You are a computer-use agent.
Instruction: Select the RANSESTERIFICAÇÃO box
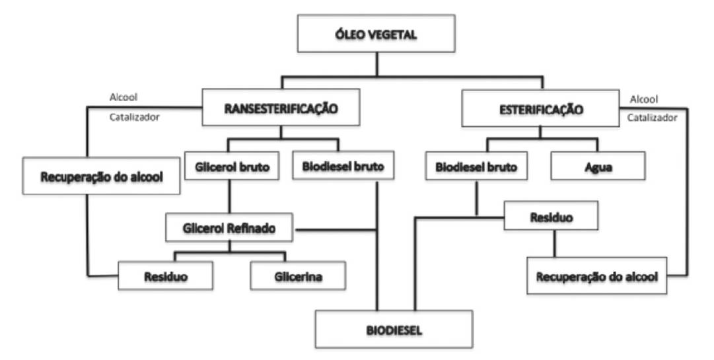pyautogui.click(x=281, y=108)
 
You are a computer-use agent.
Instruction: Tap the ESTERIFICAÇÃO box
pyautogui.click(x=540, y=109)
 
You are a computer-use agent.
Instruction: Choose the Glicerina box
pyautogui.click(x=299, y=276)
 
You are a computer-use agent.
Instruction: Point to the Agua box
pyautogui.click(x=597, y=168)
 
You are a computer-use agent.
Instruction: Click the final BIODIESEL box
pyautogui.click(x=394, y=329)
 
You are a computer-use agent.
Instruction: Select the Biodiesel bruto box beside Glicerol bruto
pyautogui.click(x=343, y=168)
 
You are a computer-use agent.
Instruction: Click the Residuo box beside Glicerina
pyautogui.click(x=166, y=276)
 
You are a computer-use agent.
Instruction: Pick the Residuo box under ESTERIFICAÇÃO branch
pyautogui.click(x=551, y=216)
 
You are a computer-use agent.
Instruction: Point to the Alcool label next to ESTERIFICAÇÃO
pyautogui.click(x=644, y=99)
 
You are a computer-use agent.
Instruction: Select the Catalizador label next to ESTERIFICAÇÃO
pyautogui.click(x=653, y=118)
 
